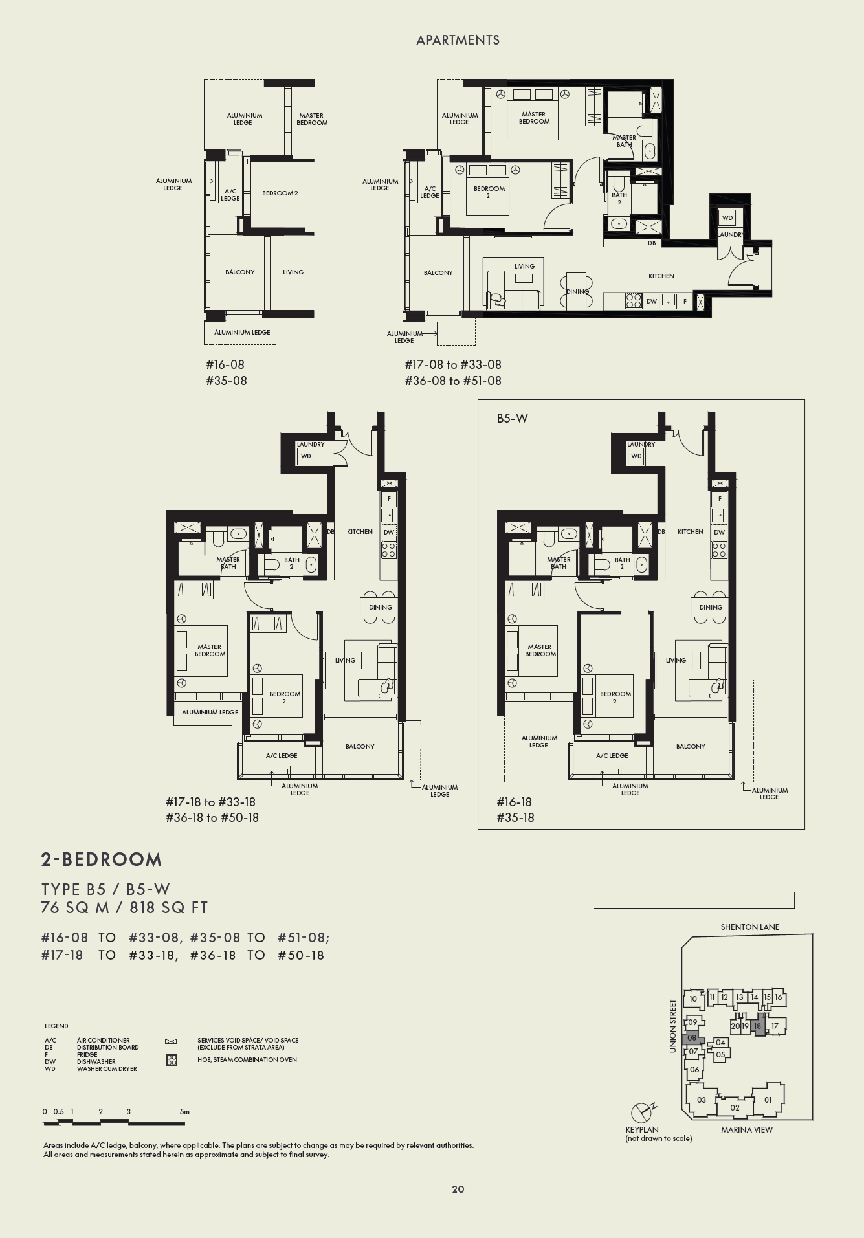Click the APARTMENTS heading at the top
point(458,40)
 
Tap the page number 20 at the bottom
point(458,1189)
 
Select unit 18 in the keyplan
point(757,1026)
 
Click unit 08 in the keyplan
point(692,1037)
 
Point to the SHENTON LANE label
point(749,927)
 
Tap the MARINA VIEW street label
point(746,1129)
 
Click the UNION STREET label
point(672,1026)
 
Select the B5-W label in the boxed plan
point(512,419)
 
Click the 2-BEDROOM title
point(102,859)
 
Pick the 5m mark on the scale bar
point(184,1112)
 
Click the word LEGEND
point(56,1026)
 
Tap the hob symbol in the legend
point(172,1060)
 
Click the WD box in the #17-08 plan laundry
point(727,218)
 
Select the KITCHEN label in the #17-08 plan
point(661,276)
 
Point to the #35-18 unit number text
point(515,817)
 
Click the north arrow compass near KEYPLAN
point(641,1112)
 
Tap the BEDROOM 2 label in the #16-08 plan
point(280,193)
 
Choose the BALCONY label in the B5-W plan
point(691,747)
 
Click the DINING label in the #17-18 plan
point(381,608)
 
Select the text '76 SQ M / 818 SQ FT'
point(124,907)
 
